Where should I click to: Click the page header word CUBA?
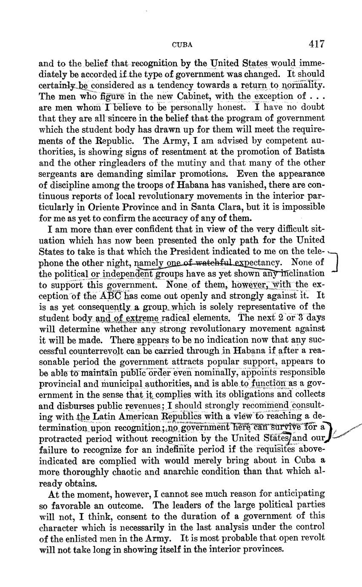pyautogui.click(x=182, y=44)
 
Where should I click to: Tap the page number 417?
pyautogui.click(x=317, y=43)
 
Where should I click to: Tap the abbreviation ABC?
pyautogui.click(x=111, y=295)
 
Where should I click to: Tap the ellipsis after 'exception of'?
pyautogui.click(x=317, y=96)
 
